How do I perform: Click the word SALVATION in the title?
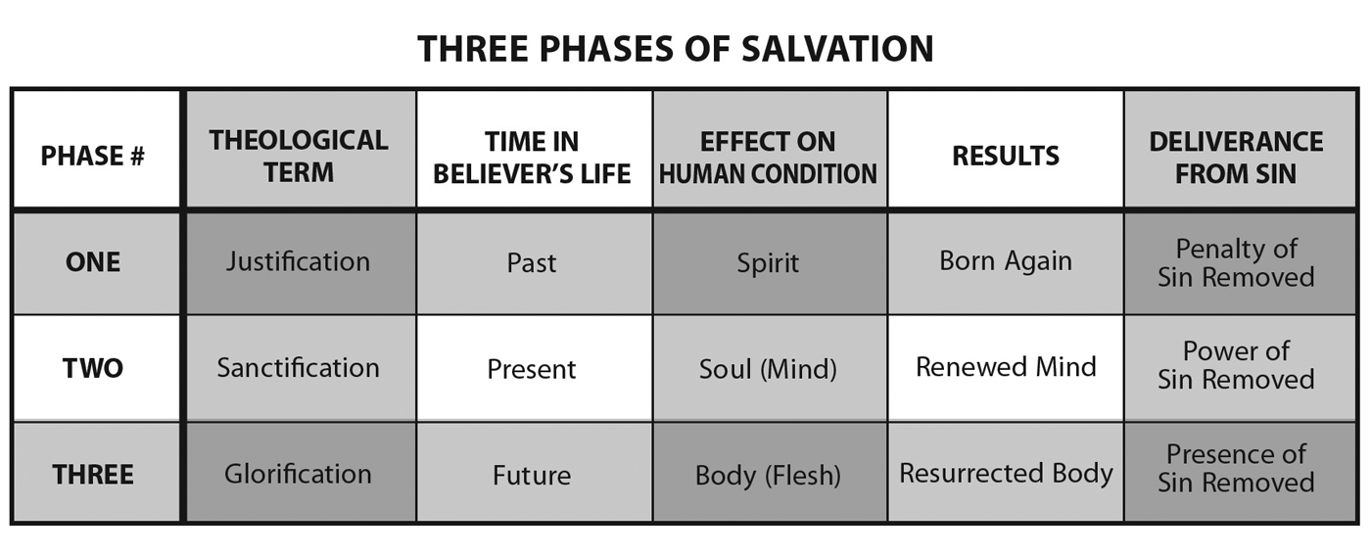tap(837, 49)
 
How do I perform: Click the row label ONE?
tap(92, 262)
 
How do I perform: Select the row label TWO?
tap(92, 369)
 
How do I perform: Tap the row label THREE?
tap(92, 475)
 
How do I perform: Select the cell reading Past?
tap(532, 263)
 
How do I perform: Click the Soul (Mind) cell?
tap(768, 369)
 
